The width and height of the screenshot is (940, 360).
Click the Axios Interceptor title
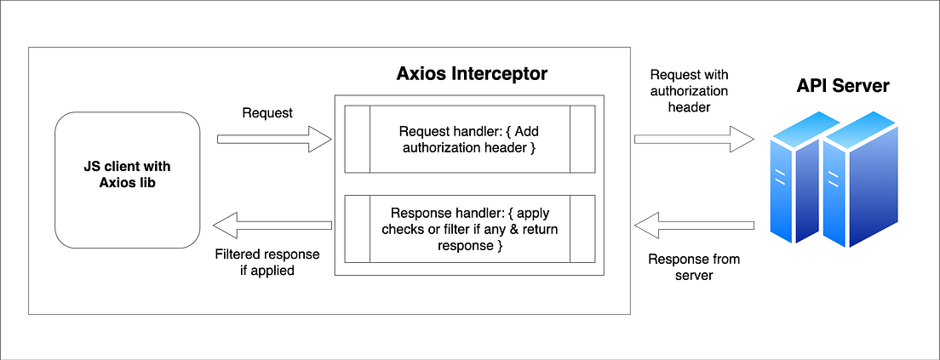(x=472, y=73)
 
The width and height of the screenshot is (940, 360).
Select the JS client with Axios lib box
(x=128, y=180)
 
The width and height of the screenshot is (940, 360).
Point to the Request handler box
(x=468, y=139)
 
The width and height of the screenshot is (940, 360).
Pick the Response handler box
(x=468, y=229)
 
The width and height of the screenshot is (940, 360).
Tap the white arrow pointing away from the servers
(x=695, y=226)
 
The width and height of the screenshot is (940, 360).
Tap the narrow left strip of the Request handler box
(x=356, y=139)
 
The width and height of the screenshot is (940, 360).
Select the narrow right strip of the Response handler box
(x=582, y=229)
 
